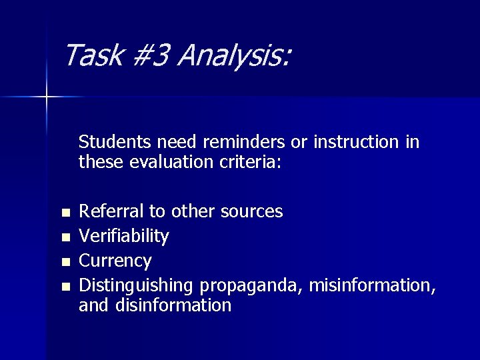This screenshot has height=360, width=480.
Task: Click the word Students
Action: (115, 142)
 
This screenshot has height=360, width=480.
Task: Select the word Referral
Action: (111, 211)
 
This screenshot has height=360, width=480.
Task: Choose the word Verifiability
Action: (124, 236)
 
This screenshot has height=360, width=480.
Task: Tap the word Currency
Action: (115, 260)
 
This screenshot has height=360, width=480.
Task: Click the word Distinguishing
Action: (137, 285)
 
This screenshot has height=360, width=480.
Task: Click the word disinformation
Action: (173, 305)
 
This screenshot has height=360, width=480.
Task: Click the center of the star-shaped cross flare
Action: (47, 97)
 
